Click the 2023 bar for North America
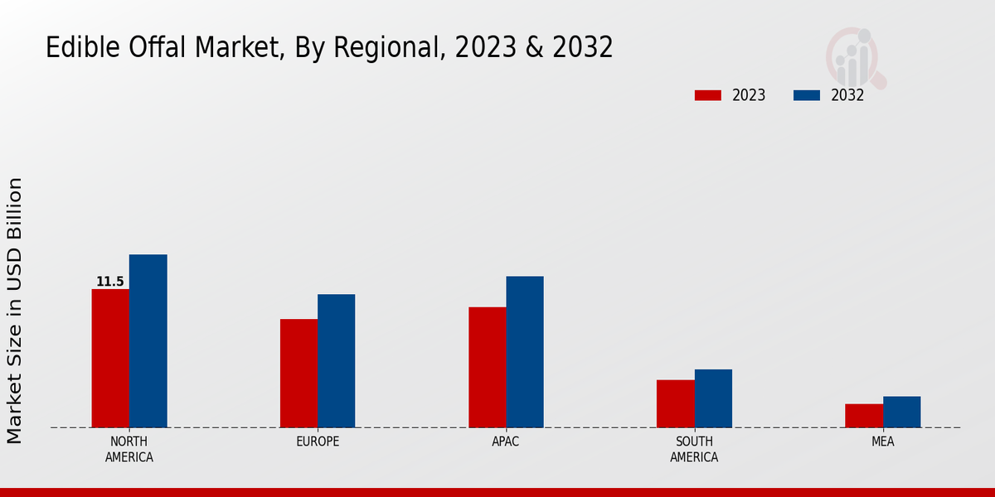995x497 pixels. click(x=110, y=358)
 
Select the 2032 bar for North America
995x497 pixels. click(x=148, y=340)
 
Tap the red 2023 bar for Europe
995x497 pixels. click(x=298, y=373)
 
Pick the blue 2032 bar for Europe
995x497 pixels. click(x=336, y=360)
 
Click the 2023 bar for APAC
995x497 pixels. click(x=487, y=367)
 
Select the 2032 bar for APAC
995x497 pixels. click(x=525, y=351)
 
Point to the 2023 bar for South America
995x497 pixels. click(x=675, y=403)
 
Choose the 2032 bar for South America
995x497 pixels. click(x=713, y=398)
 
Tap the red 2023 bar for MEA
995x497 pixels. click(x=863, y=416)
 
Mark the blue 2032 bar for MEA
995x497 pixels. click(x=901, y=412)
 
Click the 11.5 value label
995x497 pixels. click(x=109, y=282)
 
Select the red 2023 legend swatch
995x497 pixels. click(x=708, y=95)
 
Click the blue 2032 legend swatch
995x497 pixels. click(x=807, y=95)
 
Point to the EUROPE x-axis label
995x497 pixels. click(x=318, y=442)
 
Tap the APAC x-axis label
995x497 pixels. click(x=506, y=442)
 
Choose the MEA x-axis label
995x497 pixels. click(x=882, y=442)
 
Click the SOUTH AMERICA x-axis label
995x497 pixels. click(x=694, y=449)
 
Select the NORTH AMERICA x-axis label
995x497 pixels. click(x=129, y=449)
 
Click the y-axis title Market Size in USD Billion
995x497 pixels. click(x=16, y=311)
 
